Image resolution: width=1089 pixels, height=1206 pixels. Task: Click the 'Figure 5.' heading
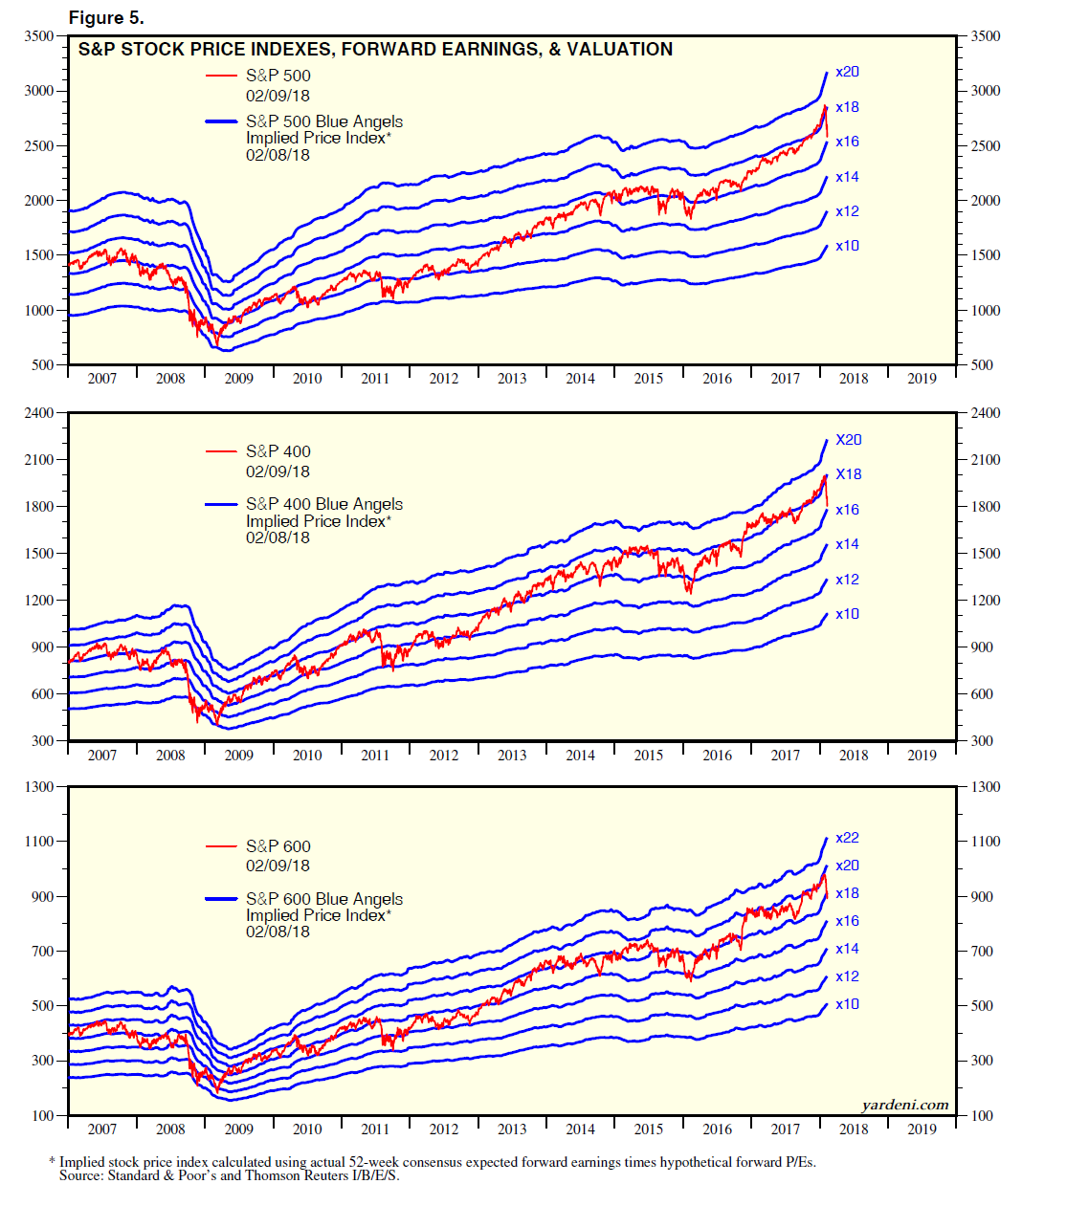click(106, 18)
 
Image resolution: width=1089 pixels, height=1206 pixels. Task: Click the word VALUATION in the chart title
click(619, 50)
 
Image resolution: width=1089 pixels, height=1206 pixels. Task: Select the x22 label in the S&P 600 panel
click(847, 838)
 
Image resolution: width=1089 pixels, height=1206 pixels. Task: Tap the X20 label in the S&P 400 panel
click(848, 440)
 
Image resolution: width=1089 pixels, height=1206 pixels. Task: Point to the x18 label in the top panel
click(847, 107)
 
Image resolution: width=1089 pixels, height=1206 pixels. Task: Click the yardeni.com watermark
click(904, 1105)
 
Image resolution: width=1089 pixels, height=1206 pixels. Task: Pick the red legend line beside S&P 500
click(221, 76)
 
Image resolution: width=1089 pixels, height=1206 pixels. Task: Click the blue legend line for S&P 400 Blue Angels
click(221, 504)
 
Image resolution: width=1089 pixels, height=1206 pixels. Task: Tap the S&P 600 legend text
click(278, 846)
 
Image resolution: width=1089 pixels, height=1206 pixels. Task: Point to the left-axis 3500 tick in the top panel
click(39, 36)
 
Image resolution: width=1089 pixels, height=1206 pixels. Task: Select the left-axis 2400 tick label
click(39, 413)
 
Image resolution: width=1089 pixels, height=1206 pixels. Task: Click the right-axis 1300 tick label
click(986, 787)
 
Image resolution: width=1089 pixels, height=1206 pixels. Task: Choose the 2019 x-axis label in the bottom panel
click(922, 1129)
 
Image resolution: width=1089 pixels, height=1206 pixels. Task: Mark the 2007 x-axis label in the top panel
click(102, 378)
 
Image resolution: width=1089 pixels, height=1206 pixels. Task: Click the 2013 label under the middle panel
click(512, 755)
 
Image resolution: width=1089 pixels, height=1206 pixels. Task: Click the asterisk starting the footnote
click(52, 1162)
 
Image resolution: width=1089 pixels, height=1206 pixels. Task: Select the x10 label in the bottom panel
click(847, 1004)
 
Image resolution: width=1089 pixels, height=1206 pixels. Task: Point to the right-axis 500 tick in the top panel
click(982, 365)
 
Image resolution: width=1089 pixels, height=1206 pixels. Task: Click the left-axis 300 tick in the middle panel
click(43, 741)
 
